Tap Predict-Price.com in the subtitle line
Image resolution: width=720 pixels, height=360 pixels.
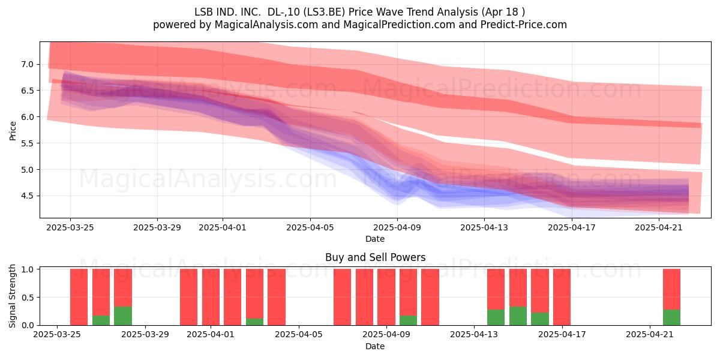[524, 25]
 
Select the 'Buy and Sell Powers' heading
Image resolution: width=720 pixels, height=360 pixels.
[375, 257]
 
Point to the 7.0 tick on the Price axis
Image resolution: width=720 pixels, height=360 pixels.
[28, 64]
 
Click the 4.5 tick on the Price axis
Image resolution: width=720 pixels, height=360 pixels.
[28, 196]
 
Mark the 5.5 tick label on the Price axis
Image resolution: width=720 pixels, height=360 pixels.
[28, 143]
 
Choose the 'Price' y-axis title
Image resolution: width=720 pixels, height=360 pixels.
[13, 131]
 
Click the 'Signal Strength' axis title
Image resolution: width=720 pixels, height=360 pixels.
[12, 296]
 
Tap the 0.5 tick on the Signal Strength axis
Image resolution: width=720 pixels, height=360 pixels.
[28, 298]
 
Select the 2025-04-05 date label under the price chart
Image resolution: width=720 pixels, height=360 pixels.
[310, 227]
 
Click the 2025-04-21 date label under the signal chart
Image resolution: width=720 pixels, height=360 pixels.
[650, 334]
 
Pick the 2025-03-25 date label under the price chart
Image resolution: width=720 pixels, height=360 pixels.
[70, 227]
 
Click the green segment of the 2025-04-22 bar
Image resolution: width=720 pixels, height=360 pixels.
[672, 317]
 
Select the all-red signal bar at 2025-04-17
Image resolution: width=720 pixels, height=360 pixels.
[562, 297]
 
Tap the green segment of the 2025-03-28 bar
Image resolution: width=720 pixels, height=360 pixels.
[123, 316]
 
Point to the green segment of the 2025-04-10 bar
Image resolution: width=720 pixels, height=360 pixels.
[408, 320]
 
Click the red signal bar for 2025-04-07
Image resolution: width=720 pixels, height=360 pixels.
[343, 297]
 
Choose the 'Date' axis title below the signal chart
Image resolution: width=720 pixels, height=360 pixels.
[375, 346]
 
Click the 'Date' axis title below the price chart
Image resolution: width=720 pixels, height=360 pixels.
[375, 239]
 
